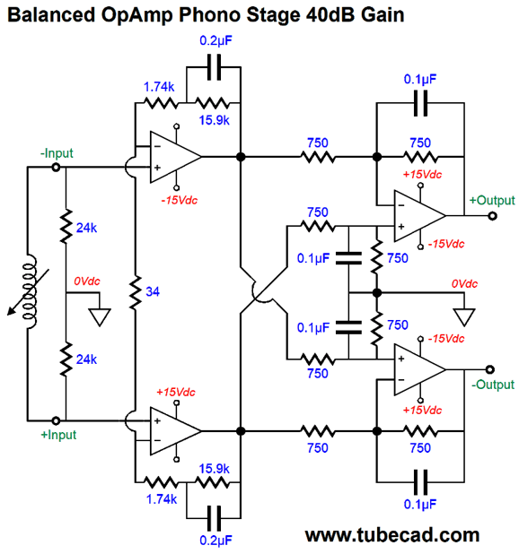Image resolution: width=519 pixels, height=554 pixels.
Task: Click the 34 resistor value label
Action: pos(154,290)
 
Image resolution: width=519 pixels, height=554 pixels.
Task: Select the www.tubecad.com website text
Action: pos(392,535)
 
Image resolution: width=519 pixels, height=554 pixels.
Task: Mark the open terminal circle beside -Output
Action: pos(490,370)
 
